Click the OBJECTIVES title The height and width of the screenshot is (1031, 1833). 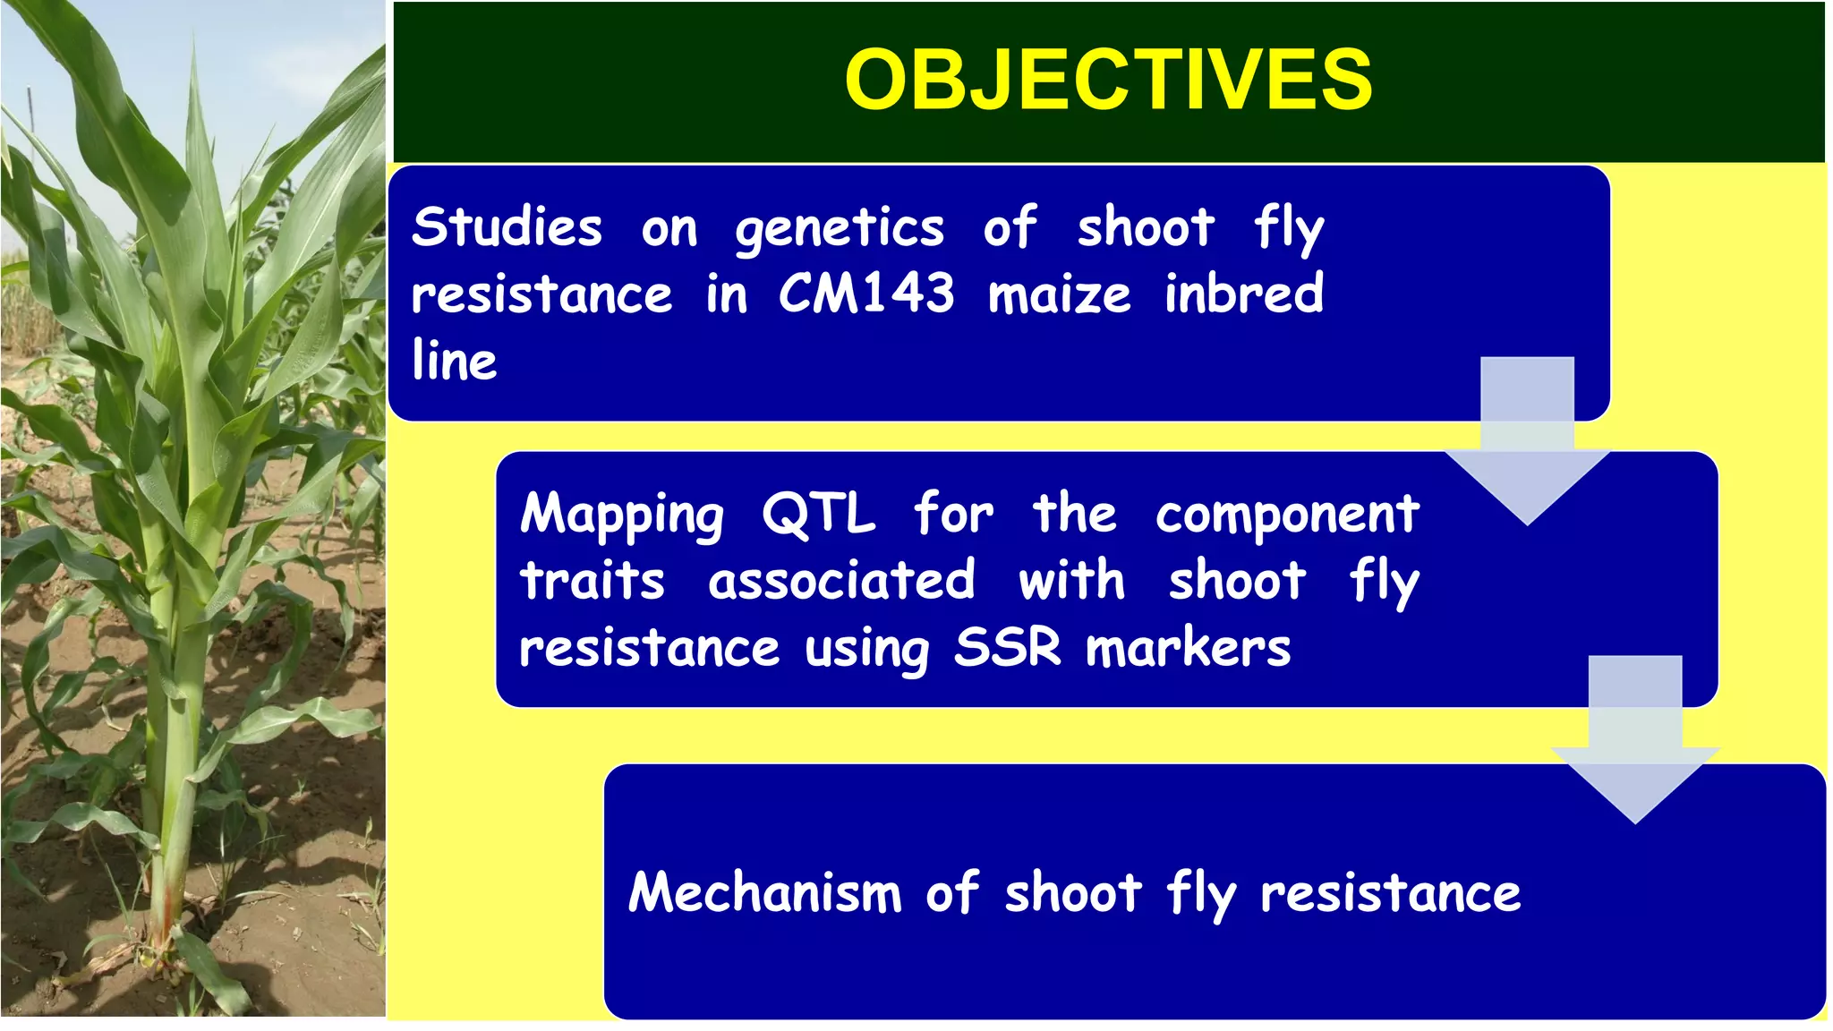click(1108, 80)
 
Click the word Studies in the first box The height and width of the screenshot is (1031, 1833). click(507, 227)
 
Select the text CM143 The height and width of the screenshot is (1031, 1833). click(865, 294)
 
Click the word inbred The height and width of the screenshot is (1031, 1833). click(1243, 294)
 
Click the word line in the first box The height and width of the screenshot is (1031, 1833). click(454, 360)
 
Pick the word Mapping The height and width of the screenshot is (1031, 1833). click(621, 515)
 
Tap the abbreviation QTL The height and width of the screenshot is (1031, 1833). click(818, 515)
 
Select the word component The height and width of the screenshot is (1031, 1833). click(1286, 515)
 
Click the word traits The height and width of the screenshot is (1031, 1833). click(593, 582)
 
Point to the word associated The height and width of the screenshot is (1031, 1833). click(841, 582)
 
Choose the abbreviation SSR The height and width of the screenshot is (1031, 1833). click(1007, 647)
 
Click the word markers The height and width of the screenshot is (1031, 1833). click(1188, 647)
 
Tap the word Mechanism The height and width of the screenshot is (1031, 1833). click(764, 893)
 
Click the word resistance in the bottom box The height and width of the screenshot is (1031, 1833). click(1390, 893)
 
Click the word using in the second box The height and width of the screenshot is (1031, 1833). click(866, 649)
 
